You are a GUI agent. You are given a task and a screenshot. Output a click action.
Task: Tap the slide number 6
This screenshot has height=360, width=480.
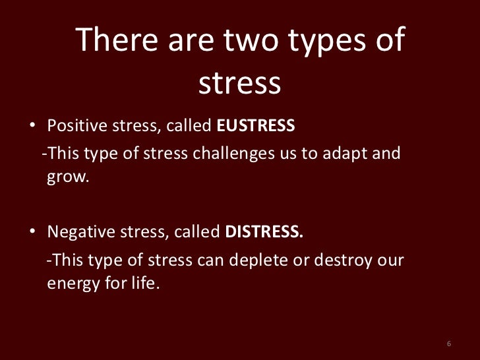(448, 345)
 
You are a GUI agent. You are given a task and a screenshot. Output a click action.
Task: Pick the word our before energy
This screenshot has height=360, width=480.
(388, 262)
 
